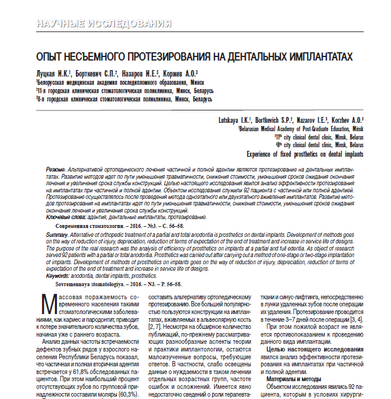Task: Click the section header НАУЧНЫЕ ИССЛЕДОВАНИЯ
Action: click(104, 24)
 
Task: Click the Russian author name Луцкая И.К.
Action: click(53, 72)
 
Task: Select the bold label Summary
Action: click(57, 236)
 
